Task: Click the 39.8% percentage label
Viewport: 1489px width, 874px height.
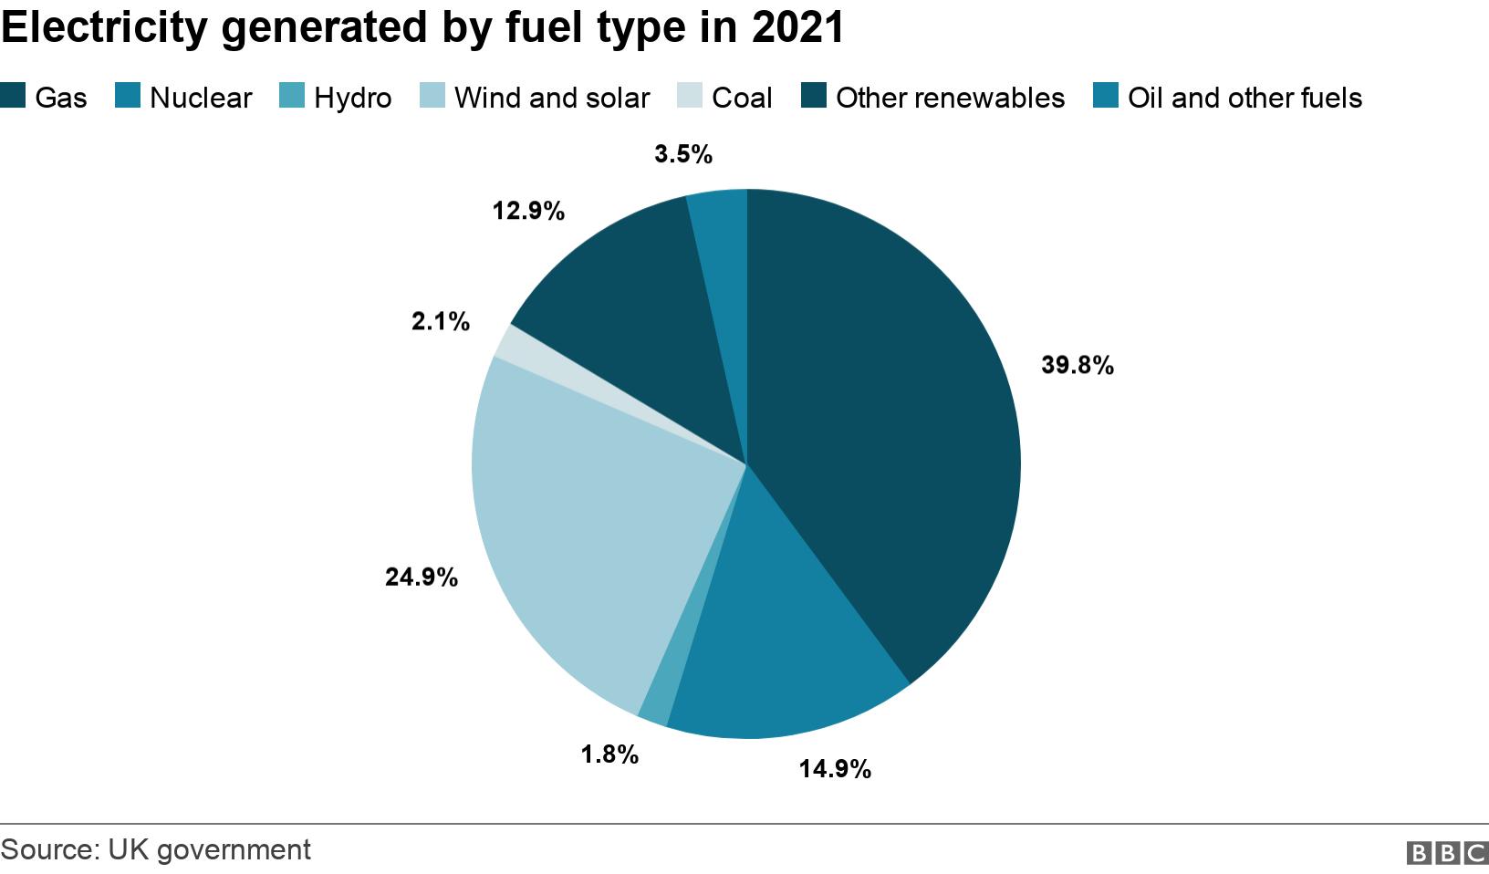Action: tap(1077, 366)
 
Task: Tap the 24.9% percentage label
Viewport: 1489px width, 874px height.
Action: tap(421, 577)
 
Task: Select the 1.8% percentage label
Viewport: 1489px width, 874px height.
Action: tap(609, 754)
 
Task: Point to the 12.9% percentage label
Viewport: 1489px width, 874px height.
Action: tap(528, 212)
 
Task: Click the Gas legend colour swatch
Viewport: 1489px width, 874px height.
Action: tap(13, 96)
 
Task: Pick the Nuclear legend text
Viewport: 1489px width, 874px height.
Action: tap(200, 98)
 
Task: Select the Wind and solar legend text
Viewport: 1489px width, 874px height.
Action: tap(551, 98)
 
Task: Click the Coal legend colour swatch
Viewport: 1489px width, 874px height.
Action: tap(690, 96)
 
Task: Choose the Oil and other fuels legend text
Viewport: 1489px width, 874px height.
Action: tap(1244, 98)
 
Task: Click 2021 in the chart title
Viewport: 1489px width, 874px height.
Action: tap(797, 27)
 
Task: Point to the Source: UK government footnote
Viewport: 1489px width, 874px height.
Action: tap(156, 849)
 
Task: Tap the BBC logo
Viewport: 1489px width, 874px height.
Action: tap(1447, 852)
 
